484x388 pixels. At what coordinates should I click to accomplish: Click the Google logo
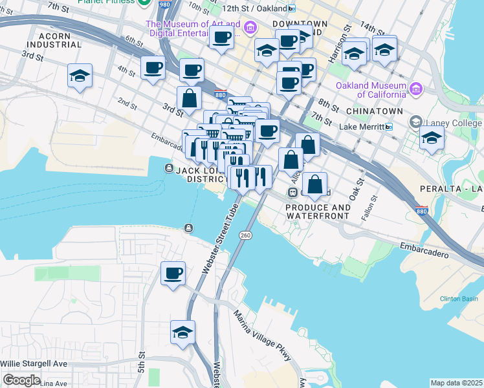(x=21, y=380)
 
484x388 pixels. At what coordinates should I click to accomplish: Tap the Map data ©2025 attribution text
(x=456, y=383)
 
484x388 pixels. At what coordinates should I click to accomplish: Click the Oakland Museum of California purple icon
(x=415, y=89)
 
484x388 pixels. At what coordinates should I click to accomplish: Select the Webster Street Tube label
(x=217, y=237)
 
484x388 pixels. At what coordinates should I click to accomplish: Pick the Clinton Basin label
(x=459, y=298)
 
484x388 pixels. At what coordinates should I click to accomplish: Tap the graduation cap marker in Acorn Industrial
(x=80, y=75)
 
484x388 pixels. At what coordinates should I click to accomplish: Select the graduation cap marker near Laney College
(x=432, y=138)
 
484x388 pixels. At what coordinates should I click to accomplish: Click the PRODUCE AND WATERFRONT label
(x=318, y=211)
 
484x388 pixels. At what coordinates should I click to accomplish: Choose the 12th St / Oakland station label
(x=254, y=8)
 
